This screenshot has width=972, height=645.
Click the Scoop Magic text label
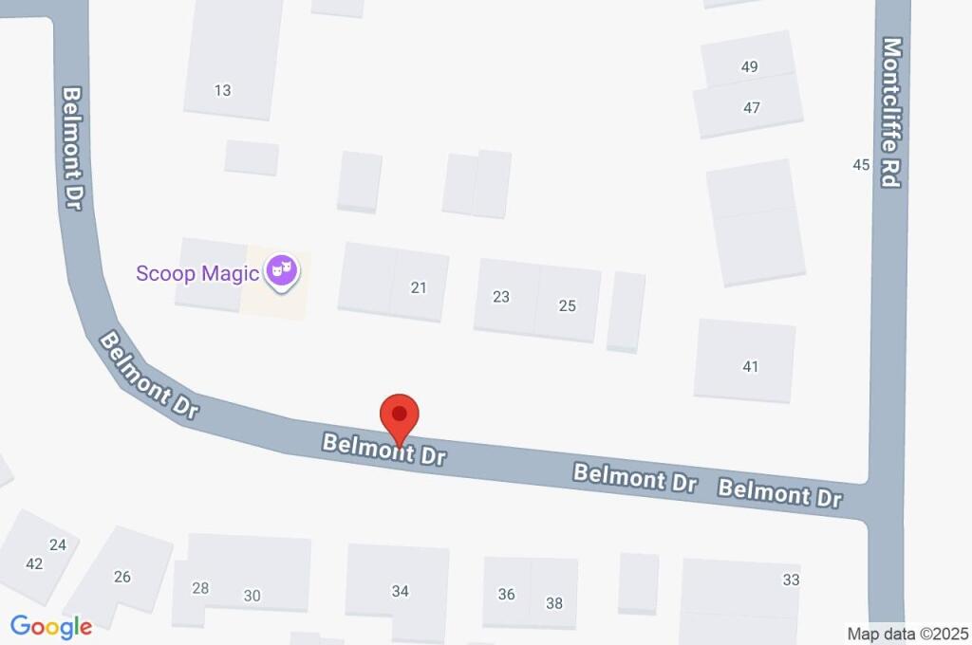pyautogui.click(x=197, y=274)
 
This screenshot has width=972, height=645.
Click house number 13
pyautogui.click(x=223, y=91)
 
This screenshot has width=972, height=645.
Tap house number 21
pyautogui.click(x=420, y=287)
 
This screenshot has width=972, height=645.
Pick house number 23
pyautogui.click(x=501, y=297)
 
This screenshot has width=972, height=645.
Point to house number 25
pyautogui.click(x=568, y=305)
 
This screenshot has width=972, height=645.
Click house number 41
pyautogui.click(x=751, y=366)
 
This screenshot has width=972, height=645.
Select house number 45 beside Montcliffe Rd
pyautogui.click(x=861, y=165)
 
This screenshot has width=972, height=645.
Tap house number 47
pyautogui.click(x=752, y=107)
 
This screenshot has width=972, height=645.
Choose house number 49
pyautogui.click(x=750, y=66)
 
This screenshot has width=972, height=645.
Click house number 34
pyautogui.click(x=401, y=591)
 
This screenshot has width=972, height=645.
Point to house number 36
pyautogui.click(x=507, y=594)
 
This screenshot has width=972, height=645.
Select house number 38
pyautogui.click(x=554, y=602)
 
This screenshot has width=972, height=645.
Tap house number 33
pyautogui.click(x=792, y=580)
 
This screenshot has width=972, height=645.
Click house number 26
pyautogui.click(x=122, y=577)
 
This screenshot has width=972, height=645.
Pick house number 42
pyautogui.click(x=34, y=563)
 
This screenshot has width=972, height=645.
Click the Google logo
pyautogui.click(x=51, y=626)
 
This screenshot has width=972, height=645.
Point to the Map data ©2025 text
pyautogui.click(x=907, y=634)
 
